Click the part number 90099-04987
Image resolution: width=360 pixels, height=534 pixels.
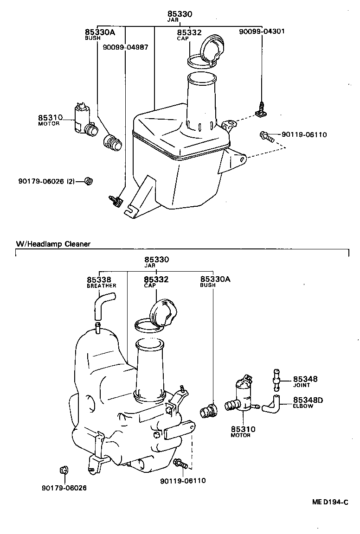tap(125, 47)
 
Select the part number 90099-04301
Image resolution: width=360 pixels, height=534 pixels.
tap(262, 32)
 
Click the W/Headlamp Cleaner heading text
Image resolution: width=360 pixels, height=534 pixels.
tap(53, 243)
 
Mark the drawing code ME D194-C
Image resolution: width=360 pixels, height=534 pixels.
tap(330, 502)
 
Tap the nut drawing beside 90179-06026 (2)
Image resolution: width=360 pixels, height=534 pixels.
tap(89, 181)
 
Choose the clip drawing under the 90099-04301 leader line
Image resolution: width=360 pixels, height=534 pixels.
tap(261, 110)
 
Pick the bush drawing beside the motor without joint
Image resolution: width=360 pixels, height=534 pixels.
tap(112, 143)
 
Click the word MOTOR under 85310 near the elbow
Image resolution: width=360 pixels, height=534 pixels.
tap(240, 435)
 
